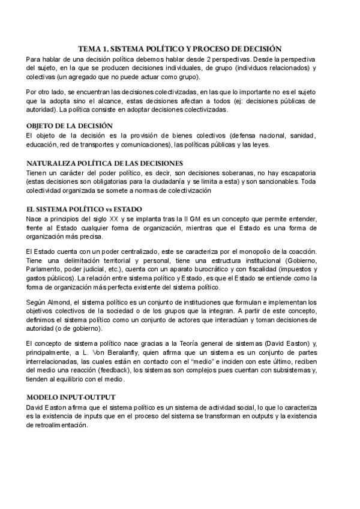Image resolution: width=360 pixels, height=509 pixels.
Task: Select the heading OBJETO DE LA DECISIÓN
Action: pyautogui.click(x=70, y=125)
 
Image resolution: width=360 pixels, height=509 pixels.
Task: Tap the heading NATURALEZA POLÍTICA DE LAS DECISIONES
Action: pyautogui.click(x=105, y=163)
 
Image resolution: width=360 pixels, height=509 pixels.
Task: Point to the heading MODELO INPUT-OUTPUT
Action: pyautogui.click(x=72, y=397)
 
